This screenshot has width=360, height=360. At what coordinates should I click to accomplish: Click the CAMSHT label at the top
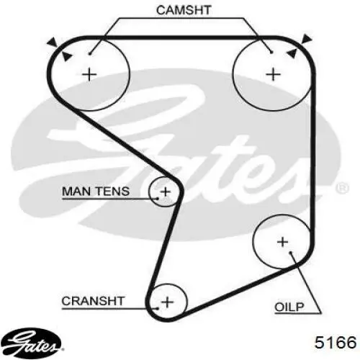point(184,10)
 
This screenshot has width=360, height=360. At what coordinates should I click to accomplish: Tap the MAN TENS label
point(96,192)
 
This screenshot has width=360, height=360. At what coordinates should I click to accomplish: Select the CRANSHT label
point(93,301)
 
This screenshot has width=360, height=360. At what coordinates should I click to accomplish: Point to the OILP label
point(289,307)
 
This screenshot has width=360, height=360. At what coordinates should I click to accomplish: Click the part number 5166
point(336,342)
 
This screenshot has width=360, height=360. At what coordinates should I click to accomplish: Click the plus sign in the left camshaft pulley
point(89,74)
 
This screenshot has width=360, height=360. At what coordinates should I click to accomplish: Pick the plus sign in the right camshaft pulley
point(274,74)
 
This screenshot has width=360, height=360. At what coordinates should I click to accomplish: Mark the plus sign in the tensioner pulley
point(166,192)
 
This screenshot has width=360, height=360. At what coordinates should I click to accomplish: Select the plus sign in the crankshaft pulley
point(167,302)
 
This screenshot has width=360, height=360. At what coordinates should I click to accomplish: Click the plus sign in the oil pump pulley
point(282,242)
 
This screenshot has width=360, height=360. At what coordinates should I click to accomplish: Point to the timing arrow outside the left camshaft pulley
point(52,42)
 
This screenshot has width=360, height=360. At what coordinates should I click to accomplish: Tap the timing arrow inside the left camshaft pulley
point(66,56)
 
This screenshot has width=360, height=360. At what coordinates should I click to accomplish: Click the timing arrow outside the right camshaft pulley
point(307,39)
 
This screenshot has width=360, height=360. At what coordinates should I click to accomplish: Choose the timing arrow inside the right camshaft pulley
point(292,53)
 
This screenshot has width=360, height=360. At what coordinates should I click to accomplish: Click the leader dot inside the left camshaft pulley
point(89,53)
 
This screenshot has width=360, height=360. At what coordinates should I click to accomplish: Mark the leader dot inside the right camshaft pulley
point(271,52)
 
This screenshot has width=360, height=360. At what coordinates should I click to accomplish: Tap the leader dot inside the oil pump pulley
point(290,253)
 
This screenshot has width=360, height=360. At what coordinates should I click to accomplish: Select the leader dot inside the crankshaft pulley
point(158,308)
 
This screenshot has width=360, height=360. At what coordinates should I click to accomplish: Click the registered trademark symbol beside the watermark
point(343,188)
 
